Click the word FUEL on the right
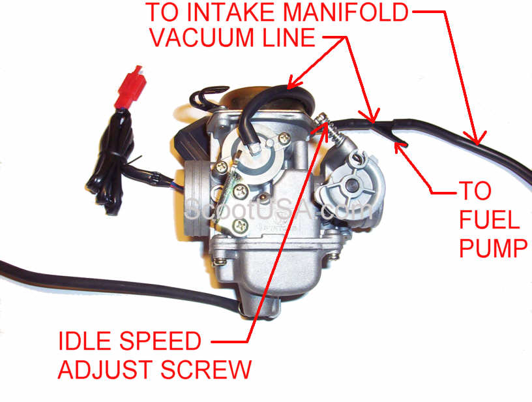(x=489, y=220)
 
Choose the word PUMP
(x=492, y=248)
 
